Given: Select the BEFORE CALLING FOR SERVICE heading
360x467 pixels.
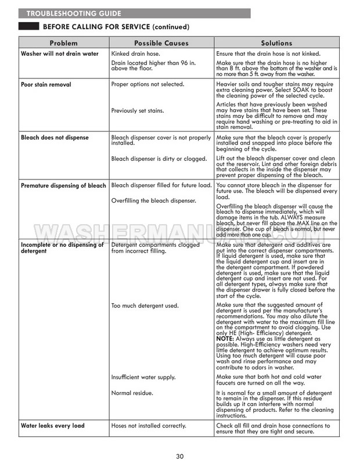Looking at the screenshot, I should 116,27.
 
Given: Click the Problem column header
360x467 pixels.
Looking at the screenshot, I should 63,43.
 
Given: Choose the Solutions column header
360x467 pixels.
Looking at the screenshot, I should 276,43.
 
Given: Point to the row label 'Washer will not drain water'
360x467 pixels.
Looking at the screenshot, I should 60,54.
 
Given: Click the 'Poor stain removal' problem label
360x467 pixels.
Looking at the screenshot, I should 46,85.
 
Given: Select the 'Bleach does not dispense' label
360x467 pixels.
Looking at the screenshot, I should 55,138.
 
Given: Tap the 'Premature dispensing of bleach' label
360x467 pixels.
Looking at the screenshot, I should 63,186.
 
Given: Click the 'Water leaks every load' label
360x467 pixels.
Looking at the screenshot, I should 52,426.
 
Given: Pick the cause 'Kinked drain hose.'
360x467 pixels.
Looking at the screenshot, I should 138,54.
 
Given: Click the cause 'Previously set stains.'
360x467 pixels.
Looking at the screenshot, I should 138,110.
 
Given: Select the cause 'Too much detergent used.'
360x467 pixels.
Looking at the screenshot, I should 145,305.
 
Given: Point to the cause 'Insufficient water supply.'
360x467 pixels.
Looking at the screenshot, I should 143,378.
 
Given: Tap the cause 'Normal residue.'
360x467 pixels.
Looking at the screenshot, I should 132,393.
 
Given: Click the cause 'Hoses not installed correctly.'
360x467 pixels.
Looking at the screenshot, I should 148,426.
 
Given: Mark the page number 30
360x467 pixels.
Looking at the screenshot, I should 180,456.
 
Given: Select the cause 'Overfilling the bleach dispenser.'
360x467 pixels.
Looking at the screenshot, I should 153,201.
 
